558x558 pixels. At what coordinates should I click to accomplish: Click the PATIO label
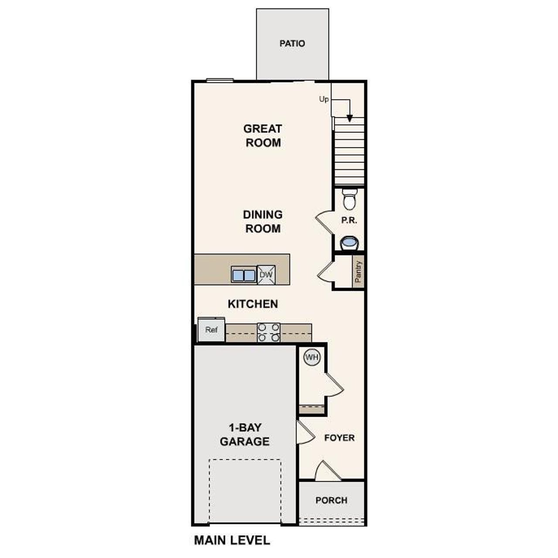point(292,44)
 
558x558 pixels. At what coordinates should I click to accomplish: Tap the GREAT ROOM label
point(263,136)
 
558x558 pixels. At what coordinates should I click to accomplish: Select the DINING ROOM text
point(263,221)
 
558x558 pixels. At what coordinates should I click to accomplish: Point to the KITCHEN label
point(253,304)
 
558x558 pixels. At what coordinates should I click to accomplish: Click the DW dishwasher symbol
point(266,275)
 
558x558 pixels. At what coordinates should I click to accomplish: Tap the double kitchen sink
point(243,276)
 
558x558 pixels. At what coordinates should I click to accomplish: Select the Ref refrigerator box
point(211,330)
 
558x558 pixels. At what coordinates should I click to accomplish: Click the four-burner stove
point(269,332)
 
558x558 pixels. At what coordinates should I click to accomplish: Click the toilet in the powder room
point(349,200)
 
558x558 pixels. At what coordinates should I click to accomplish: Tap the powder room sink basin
point(349,242)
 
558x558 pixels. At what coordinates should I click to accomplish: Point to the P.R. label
point(349,221)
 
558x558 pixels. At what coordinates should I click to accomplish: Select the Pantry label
point(358,272)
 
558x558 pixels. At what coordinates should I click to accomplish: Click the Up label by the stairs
point(324,99)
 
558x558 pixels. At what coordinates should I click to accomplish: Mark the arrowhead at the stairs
point(350,118)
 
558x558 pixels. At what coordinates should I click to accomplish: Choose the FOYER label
point(339,438)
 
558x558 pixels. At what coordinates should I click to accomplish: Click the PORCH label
point(331,500)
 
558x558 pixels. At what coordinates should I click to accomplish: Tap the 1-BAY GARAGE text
point(245,435)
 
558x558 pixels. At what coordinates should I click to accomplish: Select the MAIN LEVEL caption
point(232,541)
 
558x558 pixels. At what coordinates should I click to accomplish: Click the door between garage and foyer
point(305,432)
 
